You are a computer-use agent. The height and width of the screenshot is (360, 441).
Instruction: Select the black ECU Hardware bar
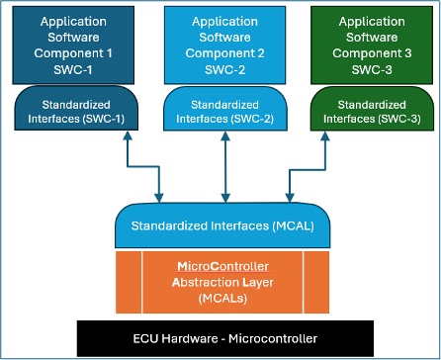coord(220,338)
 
